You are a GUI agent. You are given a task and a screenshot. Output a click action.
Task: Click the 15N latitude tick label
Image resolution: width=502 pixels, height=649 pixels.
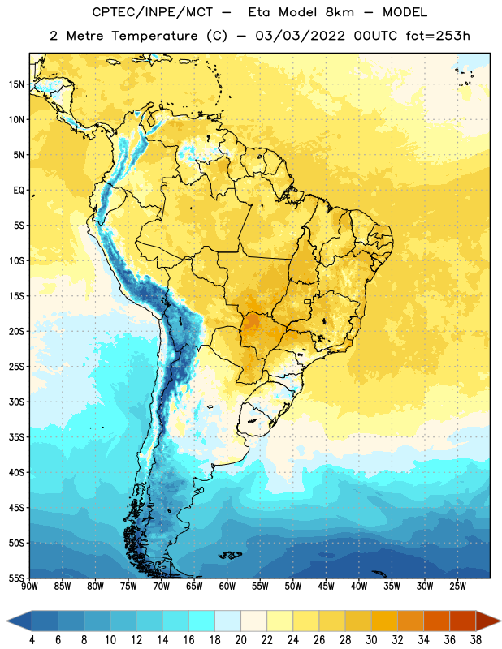pyautogui.click(x=17, y=84)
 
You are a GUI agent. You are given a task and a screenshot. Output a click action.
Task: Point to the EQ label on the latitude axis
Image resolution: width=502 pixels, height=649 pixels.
pyautogui.click(x=19, y=191)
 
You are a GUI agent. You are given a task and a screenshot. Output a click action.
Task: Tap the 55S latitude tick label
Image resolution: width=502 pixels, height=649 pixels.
pyautogui.click(x=17, y=578)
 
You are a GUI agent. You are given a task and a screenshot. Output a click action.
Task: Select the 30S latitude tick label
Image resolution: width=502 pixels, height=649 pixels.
pyautogui.click(x=17, y=402)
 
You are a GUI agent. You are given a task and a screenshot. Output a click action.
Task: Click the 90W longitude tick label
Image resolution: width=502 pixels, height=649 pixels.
pyautogui.click(x=29, y=587)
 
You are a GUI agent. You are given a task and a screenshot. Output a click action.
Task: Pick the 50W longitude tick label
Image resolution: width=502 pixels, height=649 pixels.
pyautogui.click(x=293, y=587)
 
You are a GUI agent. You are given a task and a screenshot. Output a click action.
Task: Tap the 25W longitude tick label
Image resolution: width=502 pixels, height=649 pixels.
pyautogui.click(x=457, y=587)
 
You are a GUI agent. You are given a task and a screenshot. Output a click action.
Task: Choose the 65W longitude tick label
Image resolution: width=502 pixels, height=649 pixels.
pyautogui.click(x=194, y=587)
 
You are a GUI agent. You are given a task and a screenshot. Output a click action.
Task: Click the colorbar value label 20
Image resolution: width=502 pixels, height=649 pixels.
pyautogui.click(x=240, y=640)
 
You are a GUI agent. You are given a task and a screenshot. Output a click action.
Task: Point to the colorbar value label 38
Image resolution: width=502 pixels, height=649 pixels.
pyautogui.click(x=476, y=640)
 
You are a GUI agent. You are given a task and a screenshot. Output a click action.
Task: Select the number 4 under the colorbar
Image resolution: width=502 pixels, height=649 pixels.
pyautogui.click(x=32, y=640)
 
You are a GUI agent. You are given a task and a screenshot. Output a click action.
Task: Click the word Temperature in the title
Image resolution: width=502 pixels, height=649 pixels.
pyautogui.click(x=154, y=36)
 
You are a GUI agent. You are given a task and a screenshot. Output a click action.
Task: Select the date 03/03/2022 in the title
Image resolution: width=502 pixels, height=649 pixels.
pyautogui.click(x=300, y=36)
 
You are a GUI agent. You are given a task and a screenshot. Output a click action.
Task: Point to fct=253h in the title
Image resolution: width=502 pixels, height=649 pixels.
pyautogui.click(x=438, y=36)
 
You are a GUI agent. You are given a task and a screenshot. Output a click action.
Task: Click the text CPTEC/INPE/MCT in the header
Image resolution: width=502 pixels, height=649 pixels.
pyautogui.click(x=152, y=12)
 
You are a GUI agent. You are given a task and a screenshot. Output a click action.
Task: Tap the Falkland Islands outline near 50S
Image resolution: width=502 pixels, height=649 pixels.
pyautogui.click(x=230, y=555)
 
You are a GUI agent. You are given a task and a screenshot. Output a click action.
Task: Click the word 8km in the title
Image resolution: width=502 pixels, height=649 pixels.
pyautogui.click(x=340, y=12)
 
